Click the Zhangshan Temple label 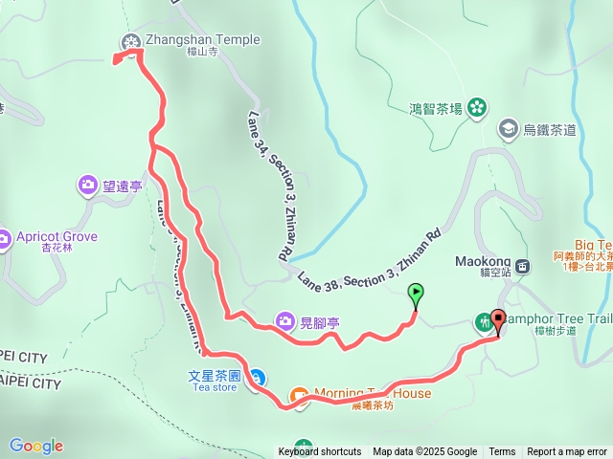[202, 40]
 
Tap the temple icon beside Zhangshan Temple [131, 40]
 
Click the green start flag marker [416, 293]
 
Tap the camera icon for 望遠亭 [88, 184]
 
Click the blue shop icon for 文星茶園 [258, 377]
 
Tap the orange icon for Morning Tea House [298, 394]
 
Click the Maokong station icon [523, 267]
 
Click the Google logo [35, 446]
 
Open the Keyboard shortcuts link [320, 452]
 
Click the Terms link [502, 452]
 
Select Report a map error [568, 452]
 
